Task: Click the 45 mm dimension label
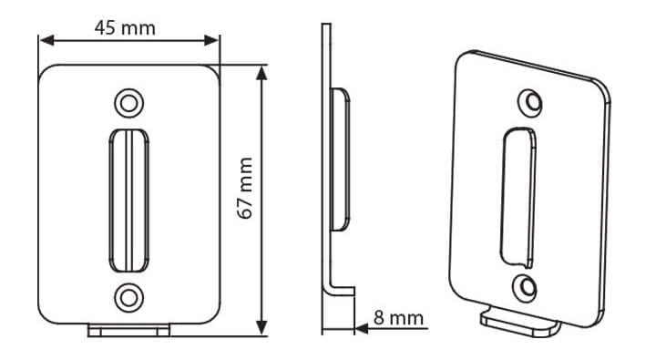(125, 28)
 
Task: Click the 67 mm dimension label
(245, 188)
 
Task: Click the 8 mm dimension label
(398, 318)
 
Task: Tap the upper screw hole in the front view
(128, 103)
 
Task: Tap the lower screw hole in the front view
(128, 298)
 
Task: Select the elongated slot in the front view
(128, 201)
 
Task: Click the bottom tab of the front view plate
(128, 330)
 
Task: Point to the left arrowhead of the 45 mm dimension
(46, 40)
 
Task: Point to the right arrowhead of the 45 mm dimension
(211, 40)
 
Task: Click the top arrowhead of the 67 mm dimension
(261, 73)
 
